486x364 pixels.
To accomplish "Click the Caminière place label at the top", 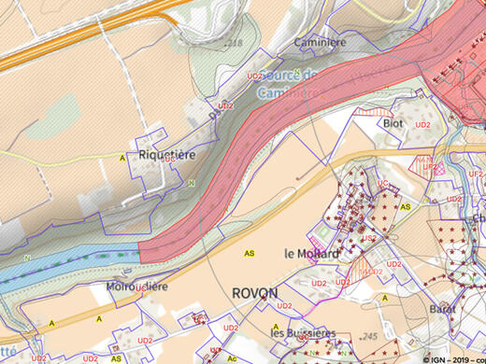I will click(321, 42).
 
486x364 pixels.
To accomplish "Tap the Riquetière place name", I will click(166, 156).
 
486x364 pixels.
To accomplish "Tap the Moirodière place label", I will click(136, 287).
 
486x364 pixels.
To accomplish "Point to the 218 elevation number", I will click(234, 44).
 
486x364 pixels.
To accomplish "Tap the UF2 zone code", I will click(476, 174).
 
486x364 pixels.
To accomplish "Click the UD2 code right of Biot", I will click(422, 124).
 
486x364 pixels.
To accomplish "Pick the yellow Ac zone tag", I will click(232, 357).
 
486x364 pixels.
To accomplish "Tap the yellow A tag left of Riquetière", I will click(121, 159).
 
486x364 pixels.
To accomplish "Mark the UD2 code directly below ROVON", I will click(259, 306).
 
